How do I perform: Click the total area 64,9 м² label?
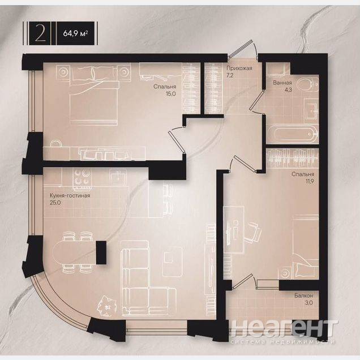tap(75, 33)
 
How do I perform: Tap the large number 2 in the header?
tap(40, 33)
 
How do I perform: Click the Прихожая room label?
tap(239, 68)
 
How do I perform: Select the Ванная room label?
tap(282, 83)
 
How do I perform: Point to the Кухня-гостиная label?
tap(70, 196)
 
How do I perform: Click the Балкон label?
tap(303, 296)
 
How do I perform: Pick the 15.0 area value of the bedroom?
tap(170, 93)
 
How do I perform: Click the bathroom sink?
tap(311, 111)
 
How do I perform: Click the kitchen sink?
tap(118, 177)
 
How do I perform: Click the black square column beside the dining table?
tap(101, 252)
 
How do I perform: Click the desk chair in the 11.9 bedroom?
tap(252, 232)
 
